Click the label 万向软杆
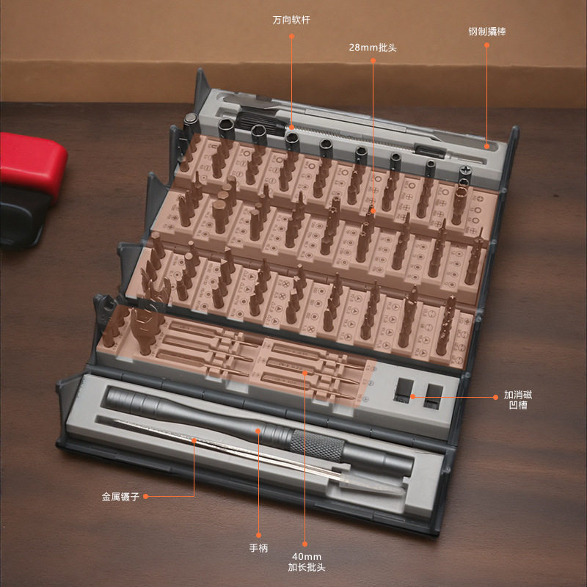[x=291, y=20]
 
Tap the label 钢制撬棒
[x=486, y=32]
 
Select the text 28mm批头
[x=373, y=48]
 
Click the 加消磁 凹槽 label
[x=518, y=400]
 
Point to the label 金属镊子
[x=120, y=497]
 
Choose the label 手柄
[x=258, y=548]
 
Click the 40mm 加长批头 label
[x=306, y=562]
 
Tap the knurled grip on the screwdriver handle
[x=318, y=445]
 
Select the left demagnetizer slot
[x=404, y=390]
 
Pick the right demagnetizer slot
[x=434, y=395]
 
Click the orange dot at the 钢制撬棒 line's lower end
[x=486, y=146]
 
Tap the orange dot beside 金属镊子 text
[x=145, y=497]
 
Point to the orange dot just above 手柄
[x=258, y=536]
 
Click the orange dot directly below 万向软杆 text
[x=291, y=36]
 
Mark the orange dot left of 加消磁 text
[x=496, y=397]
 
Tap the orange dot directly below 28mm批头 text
[x=373, y=60]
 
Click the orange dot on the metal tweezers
[x=194, y=441]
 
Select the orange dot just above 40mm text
[x=305, y=544]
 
